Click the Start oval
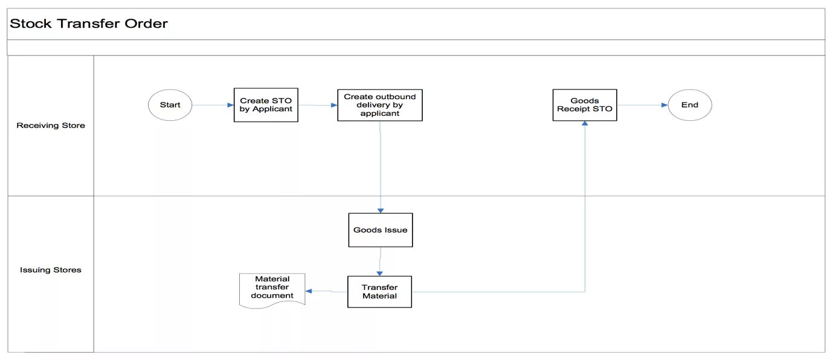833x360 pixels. pos(170,105)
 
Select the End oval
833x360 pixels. pos(690,105)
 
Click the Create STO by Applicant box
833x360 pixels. pos(266,105)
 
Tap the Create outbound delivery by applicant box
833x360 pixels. pos(380,105)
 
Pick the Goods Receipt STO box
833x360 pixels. pos(585,105)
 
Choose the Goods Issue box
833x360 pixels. pos(381,230)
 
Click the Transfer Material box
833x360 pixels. pos(380,292)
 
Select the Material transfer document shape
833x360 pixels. pos(272,290)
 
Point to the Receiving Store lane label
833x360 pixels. pos(51,125)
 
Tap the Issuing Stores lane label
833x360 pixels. pos(51,270)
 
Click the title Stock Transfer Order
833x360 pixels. pos(89,24)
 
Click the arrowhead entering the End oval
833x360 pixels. pos(664,105)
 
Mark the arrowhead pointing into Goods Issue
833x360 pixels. pos(381,210)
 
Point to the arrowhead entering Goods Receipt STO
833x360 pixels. pos(585,123)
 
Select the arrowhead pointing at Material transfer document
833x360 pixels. pos(309,291)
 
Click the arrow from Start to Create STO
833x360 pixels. pos(213,105)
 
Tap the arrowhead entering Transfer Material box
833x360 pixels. pos(380,274)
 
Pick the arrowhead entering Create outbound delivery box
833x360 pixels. pos(334,105)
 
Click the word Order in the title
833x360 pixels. pos(146,24)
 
